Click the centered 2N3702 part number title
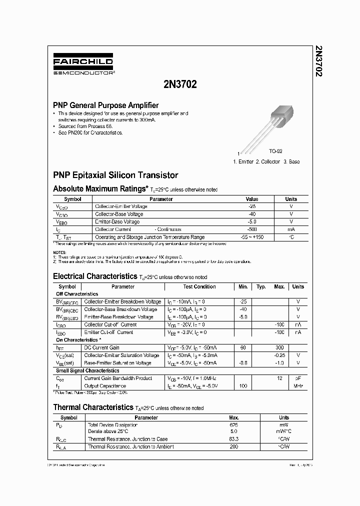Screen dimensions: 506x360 coord(180,84)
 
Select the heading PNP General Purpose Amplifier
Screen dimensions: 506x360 coord(106,105)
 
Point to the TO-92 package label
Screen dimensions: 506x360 coord(275,151)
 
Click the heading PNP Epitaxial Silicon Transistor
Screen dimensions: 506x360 coord(115,175)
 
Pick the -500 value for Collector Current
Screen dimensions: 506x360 coord(252,229)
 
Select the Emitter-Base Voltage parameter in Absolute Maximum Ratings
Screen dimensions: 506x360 coord(117,221)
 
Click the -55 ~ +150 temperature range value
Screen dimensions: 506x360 coord(252,237)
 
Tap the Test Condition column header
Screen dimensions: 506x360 coord(199,286)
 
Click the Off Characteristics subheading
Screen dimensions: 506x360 coord(77,294)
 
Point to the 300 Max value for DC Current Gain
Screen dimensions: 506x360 coord(279,347)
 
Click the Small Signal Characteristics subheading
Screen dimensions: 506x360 coord(87,370)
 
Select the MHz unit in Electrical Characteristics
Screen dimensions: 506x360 coord(298,386)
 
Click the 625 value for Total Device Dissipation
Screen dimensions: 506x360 coord(233,425)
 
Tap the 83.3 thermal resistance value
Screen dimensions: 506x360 coord(233,439)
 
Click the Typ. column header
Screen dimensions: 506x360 coord(261,286)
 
